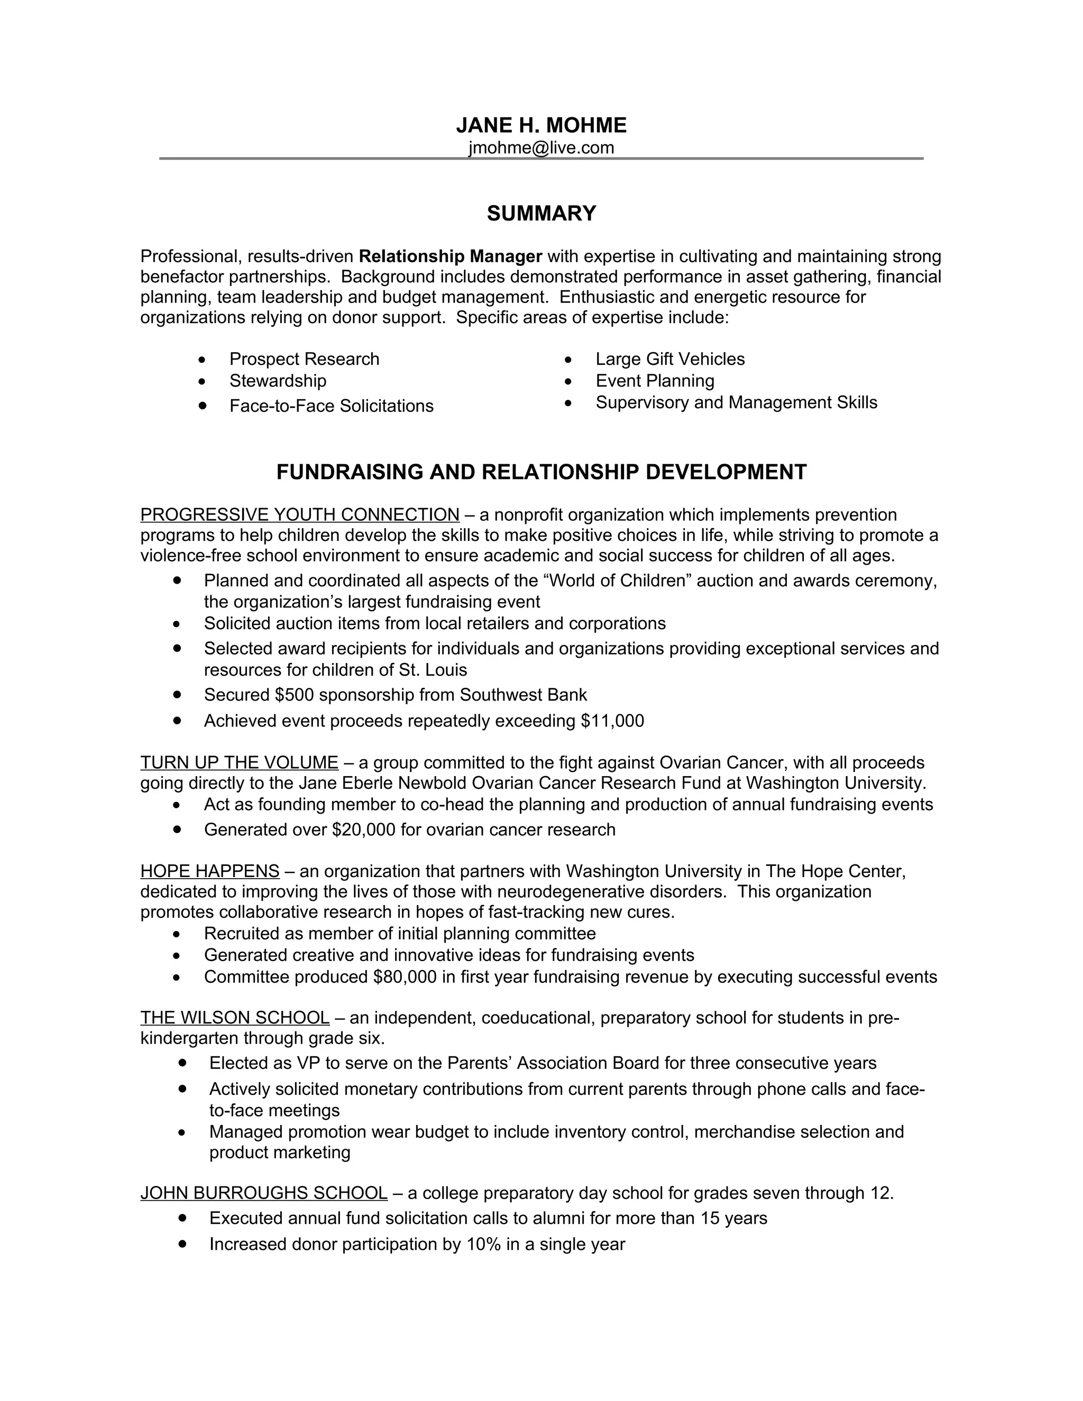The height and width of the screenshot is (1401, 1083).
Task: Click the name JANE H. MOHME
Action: point(541,125)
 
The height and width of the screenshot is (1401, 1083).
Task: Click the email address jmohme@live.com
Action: point(541,148)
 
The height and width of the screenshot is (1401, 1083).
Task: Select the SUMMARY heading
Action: point(541,214)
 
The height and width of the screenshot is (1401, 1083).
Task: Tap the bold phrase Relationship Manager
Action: point(451,256)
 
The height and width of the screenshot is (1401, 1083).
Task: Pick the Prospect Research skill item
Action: point(304,359)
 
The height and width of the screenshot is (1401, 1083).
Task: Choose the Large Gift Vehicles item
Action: point(670,359)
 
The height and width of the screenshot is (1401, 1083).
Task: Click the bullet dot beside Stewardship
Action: point(202,382)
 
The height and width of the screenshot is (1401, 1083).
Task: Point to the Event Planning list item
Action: point(655,381)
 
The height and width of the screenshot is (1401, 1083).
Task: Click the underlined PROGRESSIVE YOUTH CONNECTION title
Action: point(300,515)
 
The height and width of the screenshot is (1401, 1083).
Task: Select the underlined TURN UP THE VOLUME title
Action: point(240,763)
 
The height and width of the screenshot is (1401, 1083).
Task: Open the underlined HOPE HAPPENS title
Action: point(210,871)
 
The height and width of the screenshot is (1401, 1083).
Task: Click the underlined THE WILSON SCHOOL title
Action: point(235,1018)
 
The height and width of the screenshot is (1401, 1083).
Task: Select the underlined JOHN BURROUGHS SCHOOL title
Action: point(264,1193)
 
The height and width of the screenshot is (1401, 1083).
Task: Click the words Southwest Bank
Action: point(523,695)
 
